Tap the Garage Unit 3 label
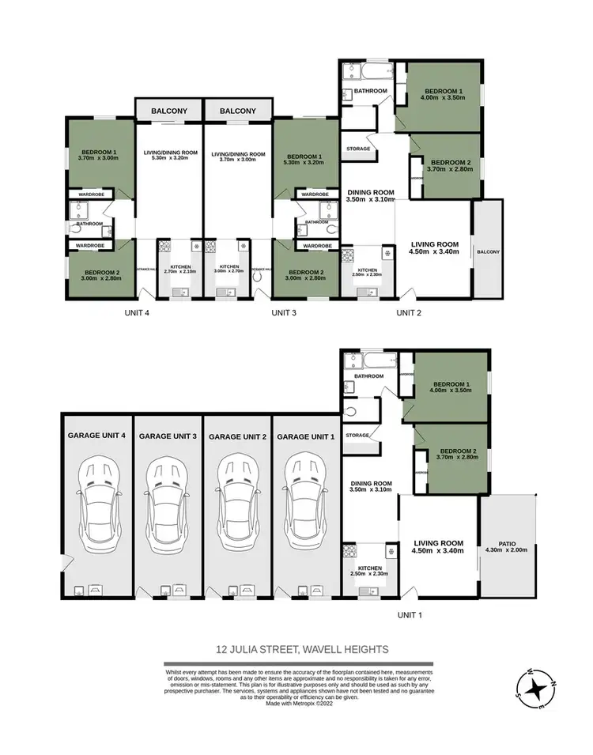(167, 436)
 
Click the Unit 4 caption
(136, 313)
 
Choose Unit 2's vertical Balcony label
(489, 252)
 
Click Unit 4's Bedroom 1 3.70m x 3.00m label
(98, 155)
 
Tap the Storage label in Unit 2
(357, 148)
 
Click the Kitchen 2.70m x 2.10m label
(180, 270)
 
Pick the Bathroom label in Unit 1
(368, 376)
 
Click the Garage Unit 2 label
(236, 436)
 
